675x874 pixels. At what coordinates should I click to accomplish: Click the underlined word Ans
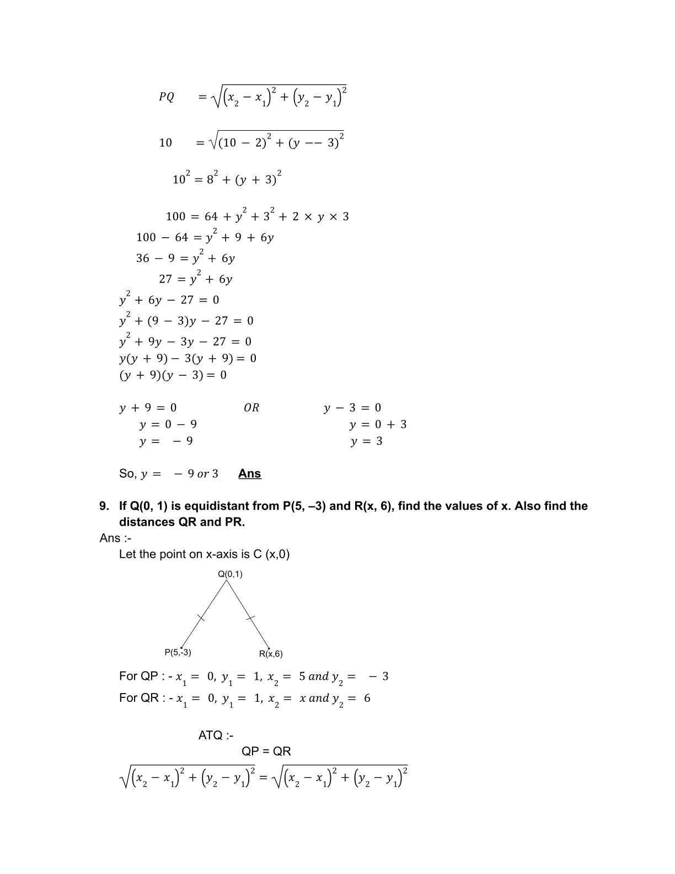tap(249, 473)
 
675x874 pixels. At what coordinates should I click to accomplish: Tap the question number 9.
tap(104, 506)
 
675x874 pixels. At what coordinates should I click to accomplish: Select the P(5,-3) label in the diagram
tap(178, 652)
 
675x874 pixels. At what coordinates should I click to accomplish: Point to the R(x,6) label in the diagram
tap(271, 654)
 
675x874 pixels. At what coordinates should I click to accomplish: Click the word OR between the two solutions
tap(251, 408)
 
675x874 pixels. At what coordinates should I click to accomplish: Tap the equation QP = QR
tap(266, 751)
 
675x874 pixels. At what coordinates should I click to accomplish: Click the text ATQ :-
tap(216, 735)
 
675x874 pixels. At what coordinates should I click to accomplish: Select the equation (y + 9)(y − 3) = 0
tap(173, 375)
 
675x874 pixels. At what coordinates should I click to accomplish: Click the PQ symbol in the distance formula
tap(166, 97)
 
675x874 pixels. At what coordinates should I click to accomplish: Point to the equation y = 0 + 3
tap(378, 424)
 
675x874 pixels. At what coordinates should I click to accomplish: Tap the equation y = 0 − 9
tap(168, 424)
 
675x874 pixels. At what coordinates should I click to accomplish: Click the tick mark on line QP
tap(201, 618)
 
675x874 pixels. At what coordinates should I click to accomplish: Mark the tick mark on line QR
tap(250, 618)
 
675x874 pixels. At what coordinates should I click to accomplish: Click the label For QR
tap(139, 698)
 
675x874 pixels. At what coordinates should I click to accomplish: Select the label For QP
tap(138, 676)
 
